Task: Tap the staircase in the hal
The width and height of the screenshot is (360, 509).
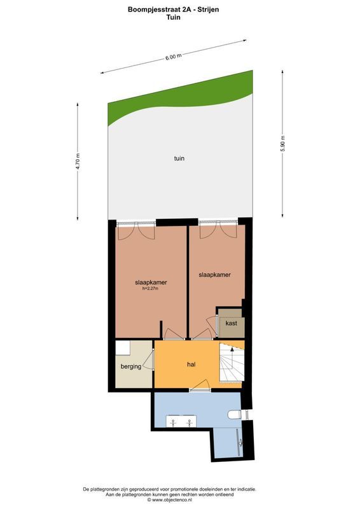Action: click(x=230, y=363)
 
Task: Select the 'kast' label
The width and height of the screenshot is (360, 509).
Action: click(x=231, y=323)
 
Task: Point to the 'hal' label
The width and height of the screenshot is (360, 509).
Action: click(x=190, y=364)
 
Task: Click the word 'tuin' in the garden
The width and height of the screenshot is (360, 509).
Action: click(x=179, y=158)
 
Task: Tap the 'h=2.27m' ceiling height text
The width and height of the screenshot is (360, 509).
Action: click(x=150, y=288)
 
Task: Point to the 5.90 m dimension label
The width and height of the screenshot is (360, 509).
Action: click(x=282, y=144)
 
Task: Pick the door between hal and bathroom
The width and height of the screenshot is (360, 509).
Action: click(x=199, y=386)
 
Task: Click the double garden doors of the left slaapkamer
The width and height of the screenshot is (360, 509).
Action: click(x=136, y=228)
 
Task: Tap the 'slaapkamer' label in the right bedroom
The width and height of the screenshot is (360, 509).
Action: click(x=214, y=275)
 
